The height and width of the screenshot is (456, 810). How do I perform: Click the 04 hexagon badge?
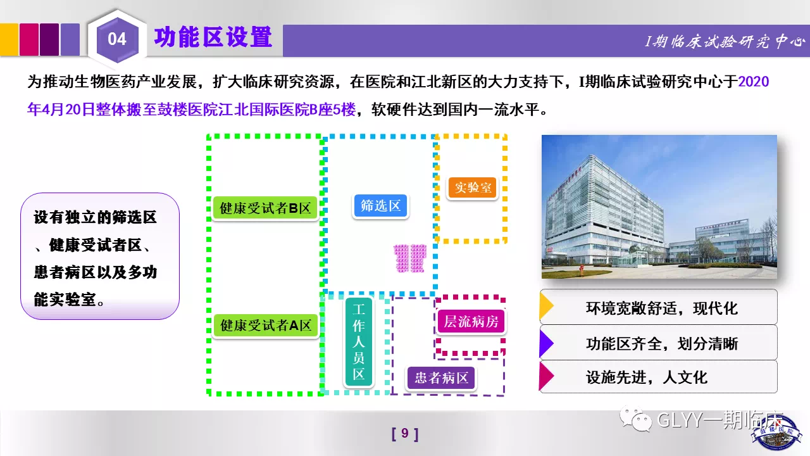[117, 39]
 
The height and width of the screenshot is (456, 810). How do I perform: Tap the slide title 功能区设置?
[213, 37]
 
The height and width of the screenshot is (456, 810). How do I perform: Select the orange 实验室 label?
[473, 187]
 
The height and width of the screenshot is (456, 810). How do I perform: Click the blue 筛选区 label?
[380, 206]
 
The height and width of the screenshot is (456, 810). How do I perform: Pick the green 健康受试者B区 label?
[265, 208]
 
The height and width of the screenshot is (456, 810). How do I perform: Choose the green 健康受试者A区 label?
[265, 326]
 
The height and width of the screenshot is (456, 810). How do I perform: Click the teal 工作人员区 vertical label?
[359, 341]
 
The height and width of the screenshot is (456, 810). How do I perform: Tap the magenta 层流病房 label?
[471, 321]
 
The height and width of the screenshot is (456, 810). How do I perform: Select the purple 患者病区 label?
[441, 378]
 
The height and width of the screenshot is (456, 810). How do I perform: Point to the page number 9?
[405, 433]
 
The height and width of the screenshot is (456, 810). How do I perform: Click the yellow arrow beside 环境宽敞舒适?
[546, 306]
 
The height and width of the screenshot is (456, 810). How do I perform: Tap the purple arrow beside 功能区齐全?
[546, 343]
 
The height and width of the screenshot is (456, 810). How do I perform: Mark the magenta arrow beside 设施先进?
[546, 376]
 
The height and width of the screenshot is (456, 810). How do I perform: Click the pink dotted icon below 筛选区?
[410, 258]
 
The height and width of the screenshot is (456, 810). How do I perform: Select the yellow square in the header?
[9, 39]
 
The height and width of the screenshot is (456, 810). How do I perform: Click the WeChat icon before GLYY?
[635, 419]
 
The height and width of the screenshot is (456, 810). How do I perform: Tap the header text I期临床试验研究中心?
[725, 42]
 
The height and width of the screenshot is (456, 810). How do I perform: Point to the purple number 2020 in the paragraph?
[753, 82]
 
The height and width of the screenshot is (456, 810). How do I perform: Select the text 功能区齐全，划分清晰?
[662, 343]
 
